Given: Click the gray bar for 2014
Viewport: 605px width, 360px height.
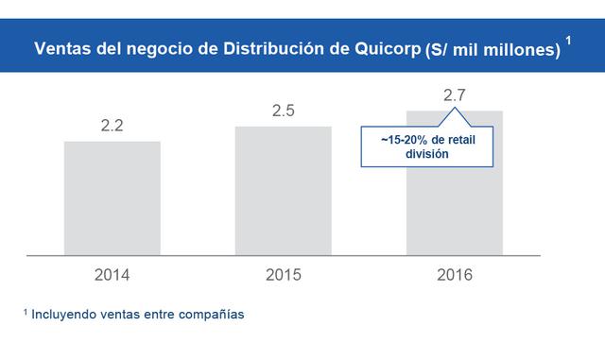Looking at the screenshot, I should [x=112, y=197].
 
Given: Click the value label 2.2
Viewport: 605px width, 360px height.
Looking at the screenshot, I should [x=112, y=125].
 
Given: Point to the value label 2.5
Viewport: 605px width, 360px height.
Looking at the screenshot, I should [x=284, y=111].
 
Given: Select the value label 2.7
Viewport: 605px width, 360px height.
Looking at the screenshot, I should [x=455, y=94].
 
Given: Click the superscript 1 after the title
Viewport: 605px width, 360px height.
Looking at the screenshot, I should [x=568, y=40].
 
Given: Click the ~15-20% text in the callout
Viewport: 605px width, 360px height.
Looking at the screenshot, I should [x=397, y=140].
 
